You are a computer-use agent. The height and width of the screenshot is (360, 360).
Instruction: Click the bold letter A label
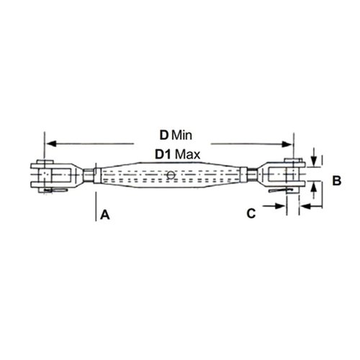pos(105,215)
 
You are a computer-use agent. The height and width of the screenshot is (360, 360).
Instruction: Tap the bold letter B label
pos(337,181)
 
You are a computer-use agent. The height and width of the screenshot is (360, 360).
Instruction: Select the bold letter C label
pos(251,213)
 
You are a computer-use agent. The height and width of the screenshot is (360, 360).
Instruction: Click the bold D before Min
pos(164,135)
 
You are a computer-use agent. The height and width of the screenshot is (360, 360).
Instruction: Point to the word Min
pos(182,135)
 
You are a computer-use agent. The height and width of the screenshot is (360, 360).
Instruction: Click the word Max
pos(187,155)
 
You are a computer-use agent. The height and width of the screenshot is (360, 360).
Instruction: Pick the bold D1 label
pos(163,155)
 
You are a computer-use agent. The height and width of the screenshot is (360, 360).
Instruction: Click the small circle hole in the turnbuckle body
pos(171,175)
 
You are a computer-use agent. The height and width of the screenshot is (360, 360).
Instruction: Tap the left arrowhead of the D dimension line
pos(51,144)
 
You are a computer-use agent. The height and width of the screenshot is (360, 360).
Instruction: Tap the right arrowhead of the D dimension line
pos(287,144)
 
